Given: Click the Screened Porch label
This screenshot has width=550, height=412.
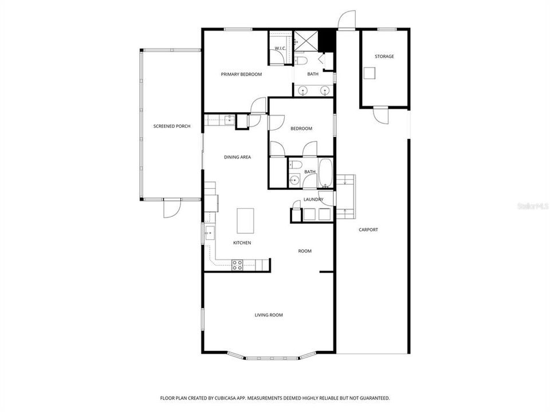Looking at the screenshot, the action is pyautogui.click(x=172, y=126).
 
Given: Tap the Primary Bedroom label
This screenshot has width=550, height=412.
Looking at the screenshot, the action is pyautogui.click(x=241, y=74).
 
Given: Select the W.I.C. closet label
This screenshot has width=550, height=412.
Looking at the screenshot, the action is pyautogui.click(x=280, y=48).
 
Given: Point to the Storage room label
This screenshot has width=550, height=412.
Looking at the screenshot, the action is pyautogui.click(x=384, y=57).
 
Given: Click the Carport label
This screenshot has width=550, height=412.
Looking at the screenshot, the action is pyautogui.click(x=368, y=230).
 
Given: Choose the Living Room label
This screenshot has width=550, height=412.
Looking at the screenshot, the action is pyautogui.click(x=269, y=315).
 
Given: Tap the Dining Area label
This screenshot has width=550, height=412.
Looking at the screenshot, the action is pyautogui.click(x=237, y=157).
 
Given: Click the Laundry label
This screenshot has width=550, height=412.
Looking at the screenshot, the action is pyautogui.click(x=313, y=199).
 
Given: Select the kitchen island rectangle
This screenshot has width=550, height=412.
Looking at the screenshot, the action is pyautogui.click(x=245, y=221).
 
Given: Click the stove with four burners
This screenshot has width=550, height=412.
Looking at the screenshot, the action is pyautogui.click(x=237, y=265).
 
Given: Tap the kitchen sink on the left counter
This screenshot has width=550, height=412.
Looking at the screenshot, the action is pyautogui.click(x=210, y=233).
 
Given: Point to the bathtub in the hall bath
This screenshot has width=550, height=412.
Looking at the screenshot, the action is pyautogui.click(x=326, y=173).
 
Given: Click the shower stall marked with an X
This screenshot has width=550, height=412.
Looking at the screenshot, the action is pyautogui.click(x=306, y=41).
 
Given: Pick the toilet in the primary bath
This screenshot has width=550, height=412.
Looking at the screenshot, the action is pyautogui.click(x=301, y=61).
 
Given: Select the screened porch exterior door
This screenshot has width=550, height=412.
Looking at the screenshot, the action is pyautogui.click(x=172, y=208).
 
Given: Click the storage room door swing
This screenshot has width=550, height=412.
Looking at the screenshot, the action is pyautogui.click(x=380, y=114).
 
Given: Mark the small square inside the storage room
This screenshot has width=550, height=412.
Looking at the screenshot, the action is pyautogui.click(x=370, y=73).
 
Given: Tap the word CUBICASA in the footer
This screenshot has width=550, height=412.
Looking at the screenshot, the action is pyautogui.click(x=226, y=398).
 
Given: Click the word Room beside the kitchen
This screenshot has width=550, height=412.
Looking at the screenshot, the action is pyautogui.click(x=305, y=251).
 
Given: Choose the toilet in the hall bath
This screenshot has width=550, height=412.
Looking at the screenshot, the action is pyautogui.click(x=294, y=164).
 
